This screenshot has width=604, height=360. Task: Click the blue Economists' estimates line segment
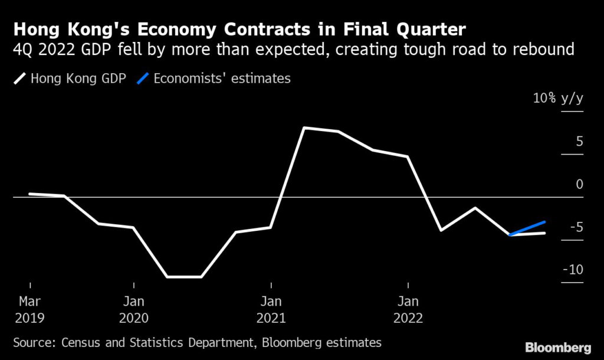point(527,228)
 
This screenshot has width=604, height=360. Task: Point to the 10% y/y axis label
point(558,99)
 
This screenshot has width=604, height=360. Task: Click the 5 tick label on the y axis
point(579,142)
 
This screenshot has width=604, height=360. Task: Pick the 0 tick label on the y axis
point(579,185)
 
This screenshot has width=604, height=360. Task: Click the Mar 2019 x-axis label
point(29,309)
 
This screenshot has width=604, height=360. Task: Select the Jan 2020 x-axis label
point(134,309)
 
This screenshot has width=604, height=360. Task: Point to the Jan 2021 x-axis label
point(271,309)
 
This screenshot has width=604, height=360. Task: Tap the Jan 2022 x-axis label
point(408,309)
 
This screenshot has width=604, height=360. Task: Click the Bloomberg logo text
point(557,346)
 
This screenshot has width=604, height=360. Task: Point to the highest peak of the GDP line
point(304,127)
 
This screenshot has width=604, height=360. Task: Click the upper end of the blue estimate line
point(544,222)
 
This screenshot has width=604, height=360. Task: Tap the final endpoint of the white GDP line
point(544,233)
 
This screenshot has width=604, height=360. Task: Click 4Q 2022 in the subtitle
point(48,48)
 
